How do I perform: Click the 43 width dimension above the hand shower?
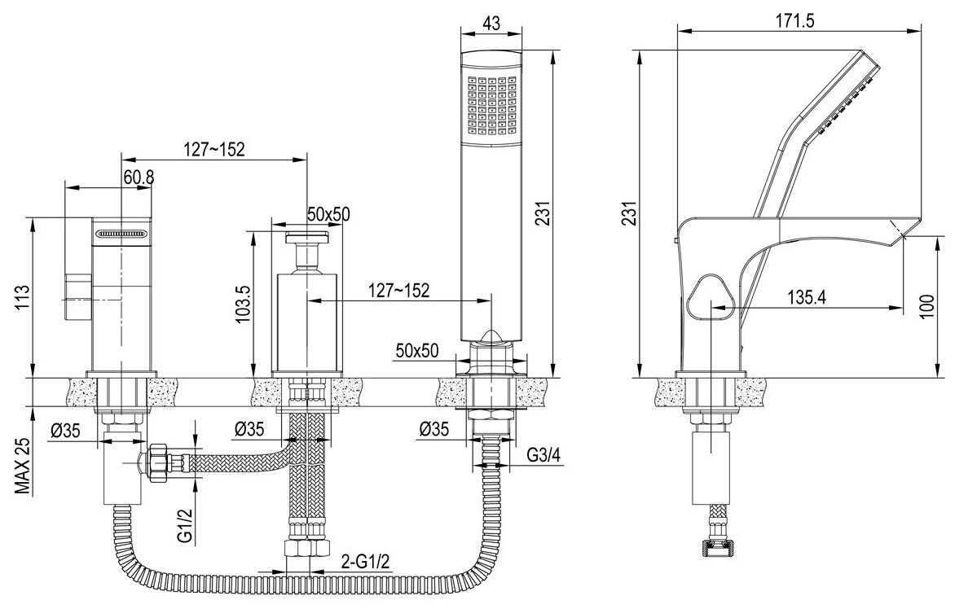click(491, 23)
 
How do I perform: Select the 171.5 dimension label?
click(794, 20)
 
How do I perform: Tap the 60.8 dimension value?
click(139, 177)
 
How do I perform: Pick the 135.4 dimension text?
click(807, 297)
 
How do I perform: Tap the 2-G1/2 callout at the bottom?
click(365, 561)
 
